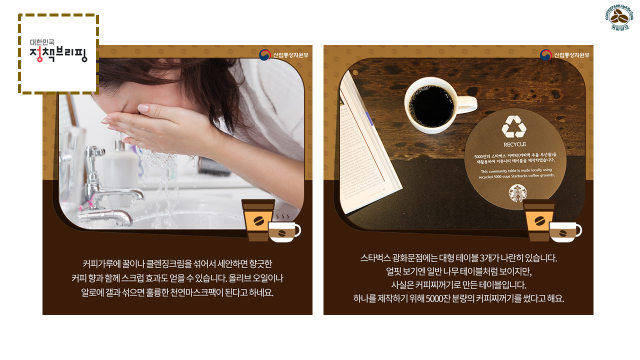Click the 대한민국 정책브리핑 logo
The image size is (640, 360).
(58, 52)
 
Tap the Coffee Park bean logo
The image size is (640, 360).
(619, 18)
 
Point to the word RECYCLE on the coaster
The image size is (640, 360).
(514, 144)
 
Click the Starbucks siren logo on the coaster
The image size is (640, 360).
(517, 193)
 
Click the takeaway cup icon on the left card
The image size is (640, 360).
(258, 220)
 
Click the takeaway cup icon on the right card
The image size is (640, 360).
(539, 220)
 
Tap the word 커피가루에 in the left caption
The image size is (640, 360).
(98, 263)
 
